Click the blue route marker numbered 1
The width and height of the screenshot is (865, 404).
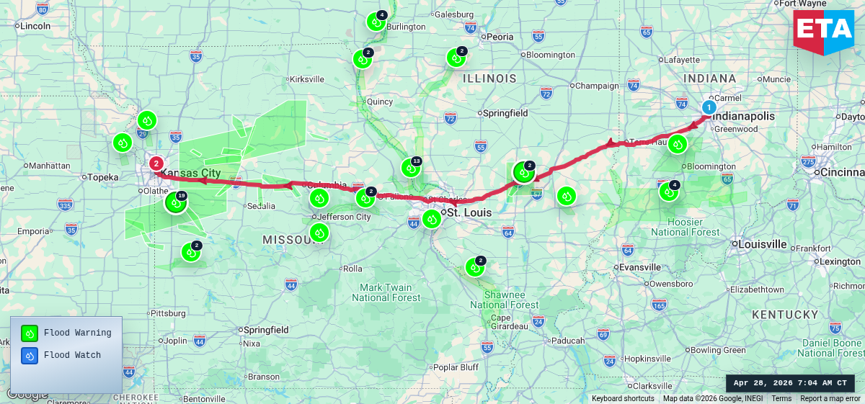(709, 108)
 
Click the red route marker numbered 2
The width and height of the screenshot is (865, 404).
(156, 163)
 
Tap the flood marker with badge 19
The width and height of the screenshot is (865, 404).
(176, 202)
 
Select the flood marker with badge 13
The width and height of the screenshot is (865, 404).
(410, 168)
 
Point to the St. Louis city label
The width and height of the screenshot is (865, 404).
(469, 213)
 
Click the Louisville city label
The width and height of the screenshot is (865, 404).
(762, 244)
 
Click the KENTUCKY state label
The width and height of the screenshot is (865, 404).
(785, 315)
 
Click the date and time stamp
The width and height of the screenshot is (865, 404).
(790, 383)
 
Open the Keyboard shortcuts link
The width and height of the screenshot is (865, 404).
(623, 398)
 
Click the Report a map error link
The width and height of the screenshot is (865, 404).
(830, 398)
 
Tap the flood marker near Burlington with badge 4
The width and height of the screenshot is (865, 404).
(376, 22)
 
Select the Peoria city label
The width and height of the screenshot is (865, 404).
(500, 37)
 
